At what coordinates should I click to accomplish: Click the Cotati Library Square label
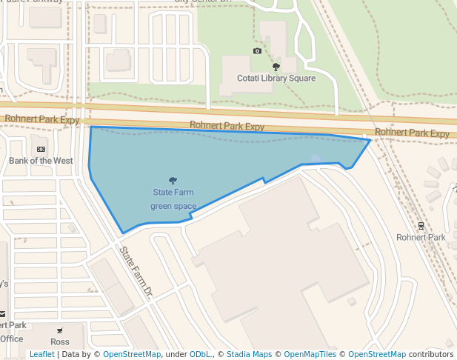tap(276, 79)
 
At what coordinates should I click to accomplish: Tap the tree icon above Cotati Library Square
tap(276, 67)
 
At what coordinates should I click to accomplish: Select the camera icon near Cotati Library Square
tap(257, 51)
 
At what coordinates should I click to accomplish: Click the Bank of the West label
tap(41, 161)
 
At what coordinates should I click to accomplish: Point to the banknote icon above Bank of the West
tap(41, 149)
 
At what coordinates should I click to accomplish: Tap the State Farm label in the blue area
tap(173, 193)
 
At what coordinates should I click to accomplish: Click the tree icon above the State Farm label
tap(173, 180)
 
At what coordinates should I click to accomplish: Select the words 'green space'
tap(173, 206)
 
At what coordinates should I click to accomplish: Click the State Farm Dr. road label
tap(136, 271)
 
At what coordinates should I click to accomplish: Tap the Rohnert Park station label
tap(421, 238)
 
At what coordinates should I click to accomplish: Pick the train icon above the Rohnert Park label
tap(421, 226)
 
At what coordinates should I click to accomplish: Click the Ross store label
tap(60, 342)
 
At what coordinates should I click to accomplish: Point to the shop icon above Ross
tap(60, 330)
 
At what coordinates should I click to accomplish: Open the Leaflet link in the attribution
tap(41, 355)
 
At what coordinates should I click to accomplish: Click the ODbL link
tap(199, 355)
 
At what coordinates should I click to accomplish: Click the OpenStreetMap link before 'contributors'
tap(377, 355)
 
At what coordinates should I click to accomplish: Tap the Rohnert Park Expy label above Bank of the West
tap(41, 119)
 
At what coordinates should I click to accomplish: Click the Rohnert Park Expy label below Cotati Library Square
tap(227, 126)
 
